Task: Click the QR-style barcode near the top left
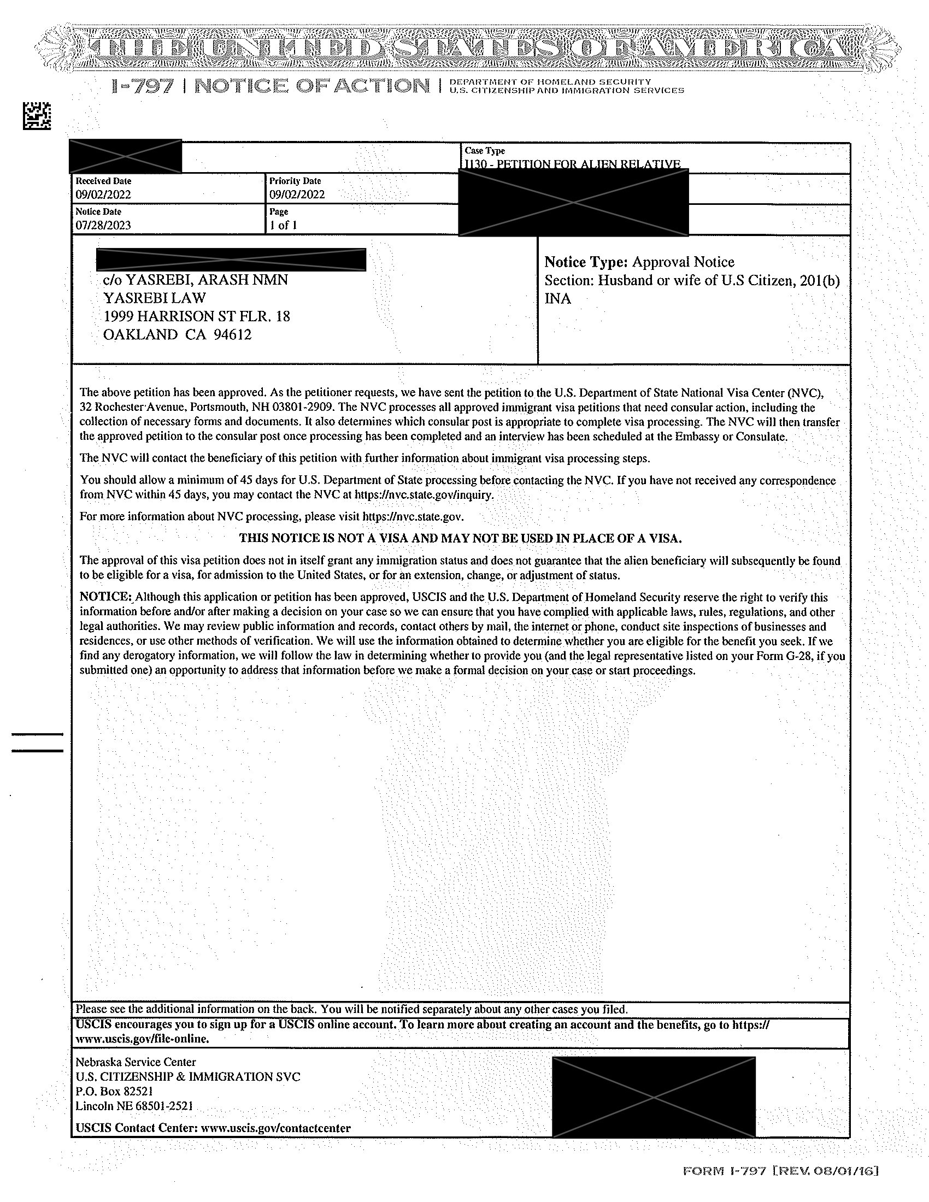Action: (x=37, y=116)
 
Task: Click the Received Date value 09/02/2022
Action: (x=103, y=195)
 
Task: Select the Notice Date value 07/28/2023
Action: (x=103, y=225)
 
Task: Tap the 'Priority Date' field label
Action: (x=295, y=181)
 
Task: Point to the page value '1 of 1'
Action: (x=284, y=225)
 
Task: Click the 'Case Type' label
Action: (x=484, y=151)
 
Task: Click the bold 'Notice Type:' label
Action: (x=586, y=262)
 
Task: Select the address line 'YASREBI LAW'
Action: (x=155, y=298)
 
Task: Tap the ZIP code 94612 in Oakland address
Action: (x=232, y=334)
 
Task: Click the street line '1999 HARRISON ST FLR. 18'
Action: (x=197, y=316)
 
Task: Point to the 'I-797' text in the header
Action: (x=143, y=86)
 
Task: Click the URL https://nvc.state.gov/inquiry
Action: (x=424, y=495)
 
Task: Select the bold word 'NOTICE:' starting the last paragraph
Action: (x=105, y=597)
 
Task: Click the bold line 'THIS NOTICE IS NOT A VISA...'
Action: (x=461, y=538)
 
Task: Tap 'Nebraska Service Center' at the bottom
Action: (x=136, y=1062)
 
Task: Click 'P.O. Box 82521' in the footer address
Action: (x=114, y=1092)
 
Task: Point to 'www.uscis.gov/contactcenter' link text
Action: (x=276, y=1128)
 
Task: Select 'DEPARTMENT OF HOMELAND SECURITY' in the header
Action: (x=550, y=82)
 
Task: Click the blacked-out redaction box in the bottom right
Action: (x=653, y=1097)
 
